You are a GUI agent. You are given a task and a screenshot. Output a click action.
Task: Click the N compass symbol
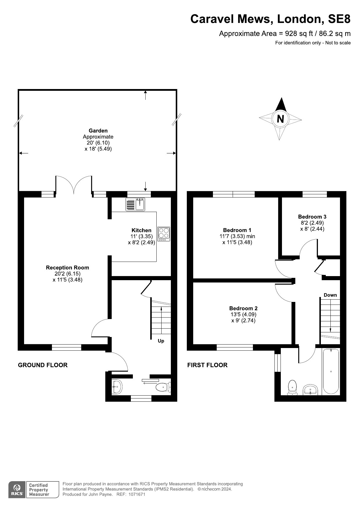pos(280,119)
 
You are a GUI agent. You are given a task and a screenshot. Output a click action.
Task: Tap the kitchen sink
pos(135,204)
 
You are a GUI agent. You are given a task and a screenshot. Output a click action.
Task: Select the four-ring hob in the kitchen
pos(164,234)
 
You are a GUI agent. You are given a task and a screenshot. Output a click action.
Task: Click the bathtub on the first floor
pos(331,371)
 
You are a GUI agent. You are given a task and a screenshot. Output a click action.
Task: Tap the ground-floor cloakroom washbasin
pos(117,387)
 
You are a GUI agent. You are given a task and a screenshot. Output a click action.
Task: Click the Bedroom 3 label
pos(312,217)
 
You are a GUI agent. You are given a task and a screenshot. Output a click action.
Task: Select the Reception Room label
pos(67,268)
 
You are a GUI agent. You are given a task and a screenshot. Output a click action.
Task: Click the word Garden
pos(98,131)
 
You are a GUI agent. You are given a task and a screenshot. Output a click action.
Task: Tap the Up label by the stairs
pos(161,341)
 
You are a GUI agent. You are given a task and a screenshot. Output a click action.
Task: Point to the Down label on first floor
pos(330,295)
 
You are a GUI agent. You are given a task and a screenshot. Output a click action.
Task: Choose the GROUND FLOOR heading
pos(43,365)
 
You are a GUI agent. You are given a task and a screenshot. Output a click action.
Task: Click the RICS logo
pos(17,490)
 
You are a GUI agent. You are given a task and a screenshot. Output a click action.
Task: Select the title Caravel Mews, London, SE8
pos(270,19)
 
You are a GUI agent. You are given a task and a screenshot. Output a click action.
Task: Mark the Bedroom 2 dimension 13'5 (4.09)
pos(243,314)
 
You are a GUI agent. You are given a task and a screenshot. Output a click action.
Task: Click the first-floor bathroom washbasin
pos(310,390)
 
